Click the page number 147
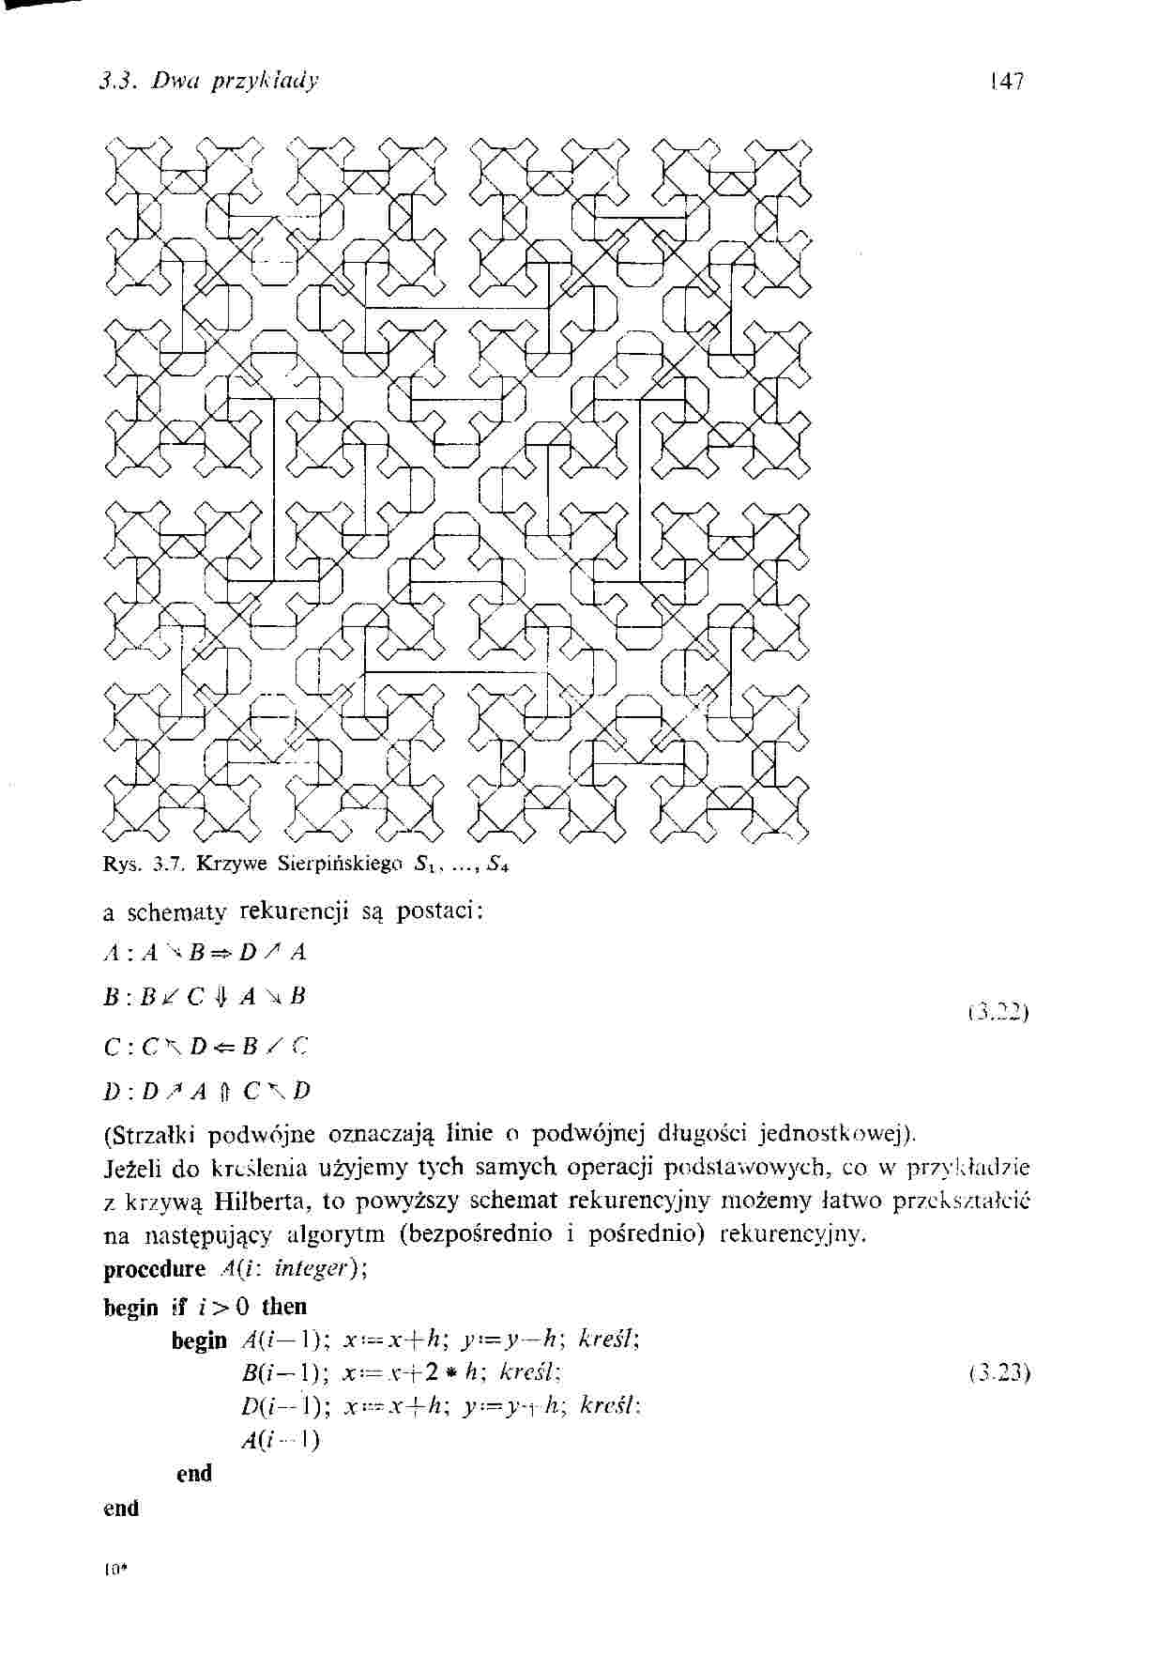click(1011, 80)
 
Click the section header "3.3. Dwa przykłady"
click(209, 81)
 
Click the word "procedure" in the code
click(154, 1270)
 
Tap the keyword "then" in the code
click(284, 1307)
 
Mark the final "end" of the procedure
click(121, 1509)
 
